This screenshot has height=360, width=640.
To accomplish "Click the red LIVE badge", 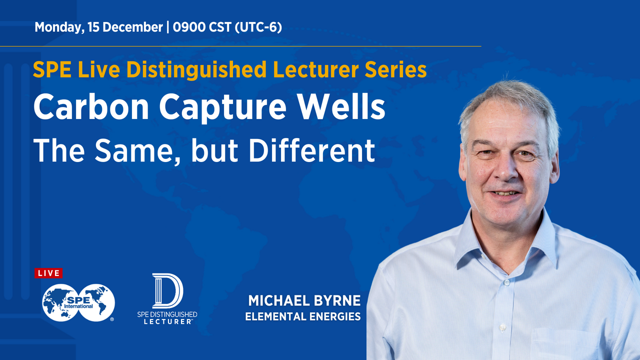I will tap(48, 273).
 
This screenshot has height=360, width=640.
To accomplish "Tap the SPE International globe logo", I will tap(78, 302).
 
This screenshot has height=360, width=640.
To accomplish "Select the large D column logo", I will tap(167, 290).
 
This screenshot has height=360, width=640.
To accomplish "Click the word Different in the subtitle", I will tap(311, 150).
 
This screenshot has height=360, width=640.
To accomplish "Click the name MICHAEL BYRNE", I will tap(304, 301).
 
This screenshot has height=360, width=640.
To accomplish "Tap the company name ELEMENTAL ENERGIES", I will tap(302, 316).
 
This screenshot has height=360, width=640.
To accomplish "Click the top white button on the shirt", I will tap(506, 282).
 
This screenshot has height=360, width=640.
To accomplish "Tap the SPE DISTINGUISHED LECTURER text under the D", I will tap(167, 318).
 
